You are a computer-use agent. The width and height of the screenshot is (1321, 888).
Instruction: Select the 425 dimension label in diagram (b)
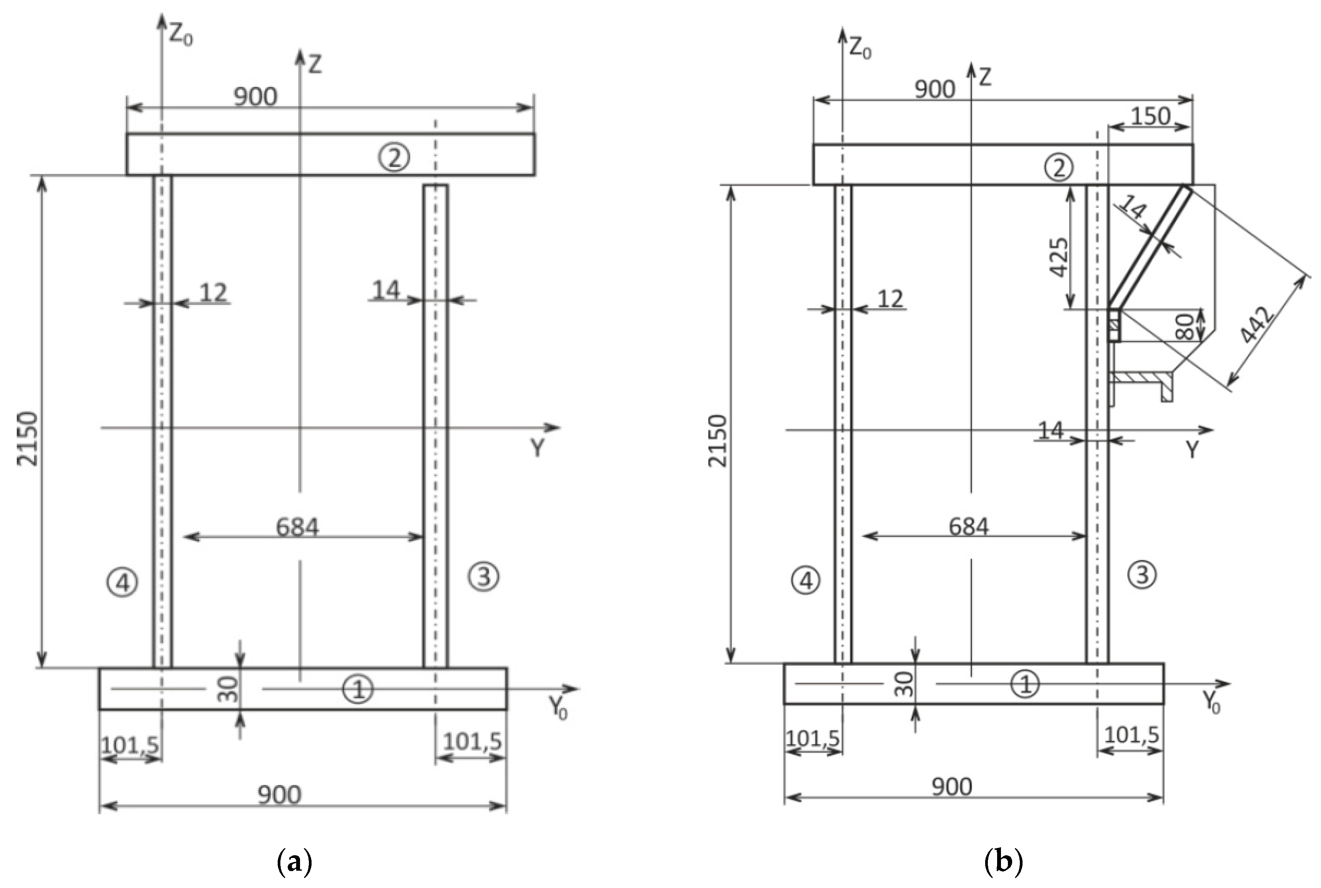(x=1058, y=257)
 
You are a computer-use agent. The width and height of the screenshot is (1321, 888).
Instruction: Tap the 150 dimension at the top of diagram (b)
(x=1150, y=117)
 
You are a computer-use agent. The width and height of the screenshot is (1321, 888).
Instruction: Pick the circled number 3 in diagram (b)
(x=1142, y=575)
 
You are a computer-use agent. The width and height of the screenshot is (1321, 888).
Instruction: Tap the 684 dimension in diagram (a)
(x=297, y=527)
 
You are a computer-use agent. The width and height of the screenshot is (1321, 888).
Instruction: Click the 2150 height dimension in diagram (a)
(x=27, y=439)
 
